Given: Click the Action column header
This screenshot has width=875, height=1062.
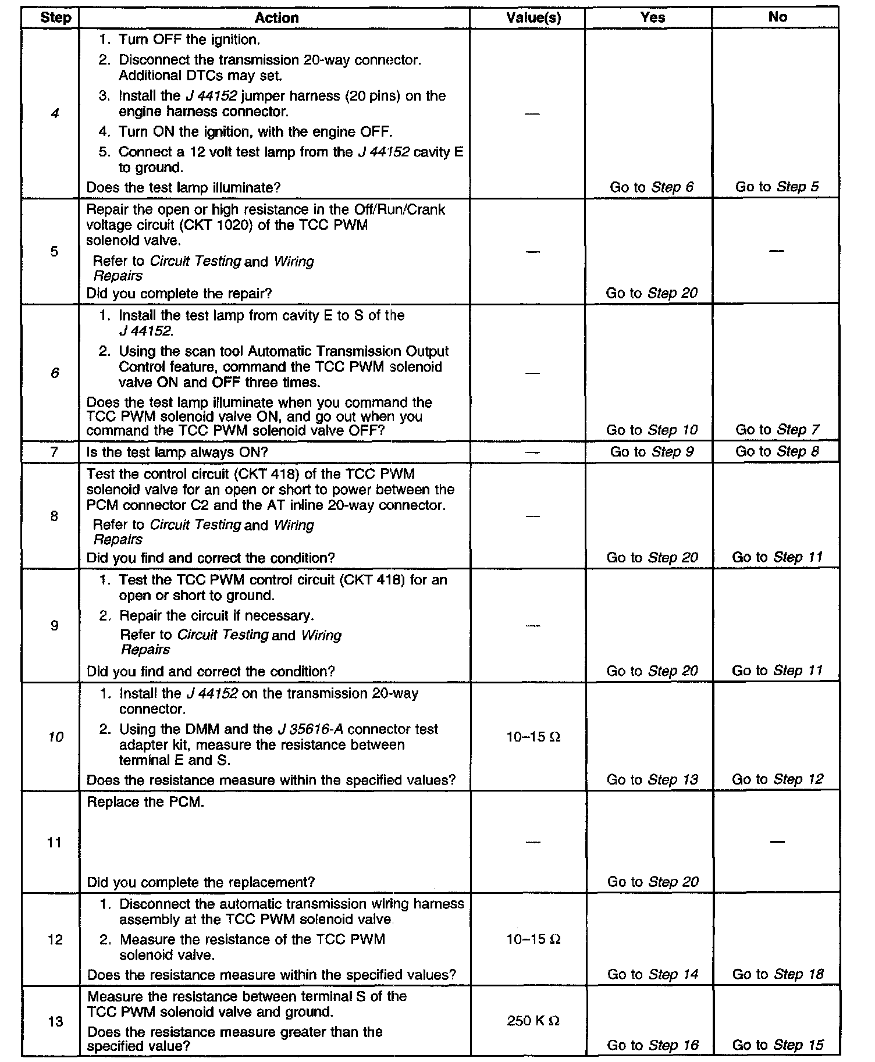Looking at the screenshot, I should tap(276, 17).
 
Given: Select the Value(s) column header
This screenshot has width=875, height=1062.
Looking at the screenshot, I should tap(533, 17).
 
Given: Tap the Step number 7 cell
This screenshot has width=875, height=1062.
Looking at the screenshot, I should tap(54, 452).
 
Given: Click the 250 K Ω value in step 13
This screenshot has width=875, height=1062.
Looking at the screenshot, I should tap(533, 1021).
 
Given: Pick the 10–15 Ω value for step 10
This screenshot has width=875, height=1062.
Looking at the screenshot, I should tap(533, 737).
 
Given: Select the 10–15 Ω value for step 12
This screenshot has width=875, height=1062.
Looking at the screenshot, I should tap(533, 939).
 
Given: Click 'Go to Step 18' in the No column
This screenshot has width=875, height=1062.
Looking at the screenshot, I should tap(778, 974).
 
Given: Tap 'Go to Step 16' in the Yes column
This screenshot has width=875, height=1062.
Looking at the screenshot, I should tap(652, 1045).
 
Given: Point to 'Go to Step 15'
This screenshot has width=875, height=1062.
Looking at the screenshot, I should tap(778, 1045).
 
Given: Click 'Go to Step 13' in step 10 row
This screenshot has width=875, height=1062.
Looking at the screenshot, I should tap(652, 779).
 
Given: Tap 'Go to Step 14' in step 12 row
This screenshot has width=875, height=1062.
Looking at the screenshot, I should tap(652, 974).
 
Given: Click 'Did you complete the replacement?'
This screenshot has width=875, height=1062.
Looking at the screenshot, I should tap(201, 882).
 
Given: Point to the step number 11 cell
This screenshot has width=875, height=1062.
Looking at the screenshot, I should tap(54, 842).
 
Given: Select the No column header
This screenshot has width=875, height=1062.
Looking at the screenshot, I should tap(777, 17).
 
